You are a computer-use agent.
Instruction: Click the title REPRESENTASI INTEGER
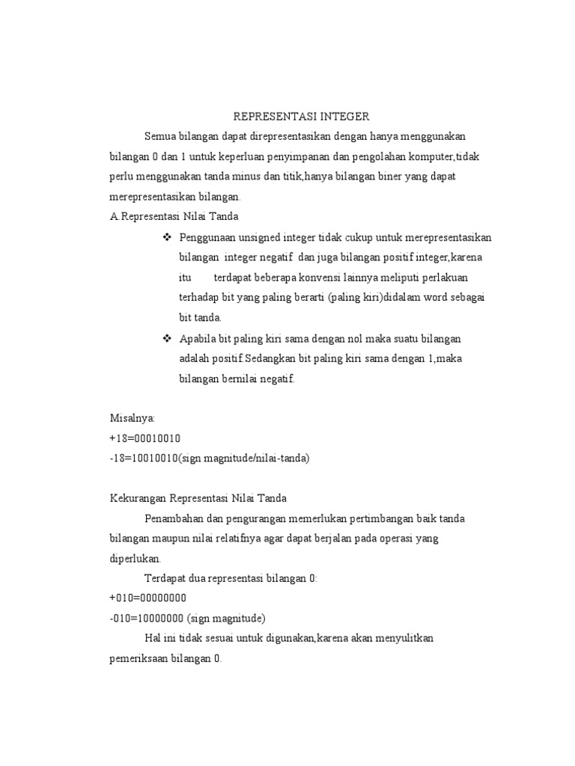click(x=301, y=117)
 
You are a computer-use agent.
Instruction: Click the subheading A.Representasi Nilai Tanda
click(x=174, y=217)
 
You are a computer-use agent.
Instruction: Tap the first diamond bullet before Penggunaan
click(x=167, y=237)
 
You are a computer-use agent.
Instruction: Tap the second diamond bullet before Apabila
click(x=167, y=338)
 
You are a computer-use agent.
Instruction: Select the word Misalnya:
click(x=132, y=418)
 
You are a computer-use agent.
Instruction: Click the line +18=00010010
click(x=144, y=438)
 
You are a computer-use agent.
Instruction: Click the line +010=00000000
click(x=147, y=598)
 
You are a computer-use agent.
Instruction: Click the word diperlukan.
click(x=135, y=559)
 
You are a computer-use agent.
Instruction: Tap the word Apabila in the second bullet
click(x=196, y=338)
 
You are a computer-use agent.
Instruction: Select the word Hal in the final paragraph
click(x=152, y=639)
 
